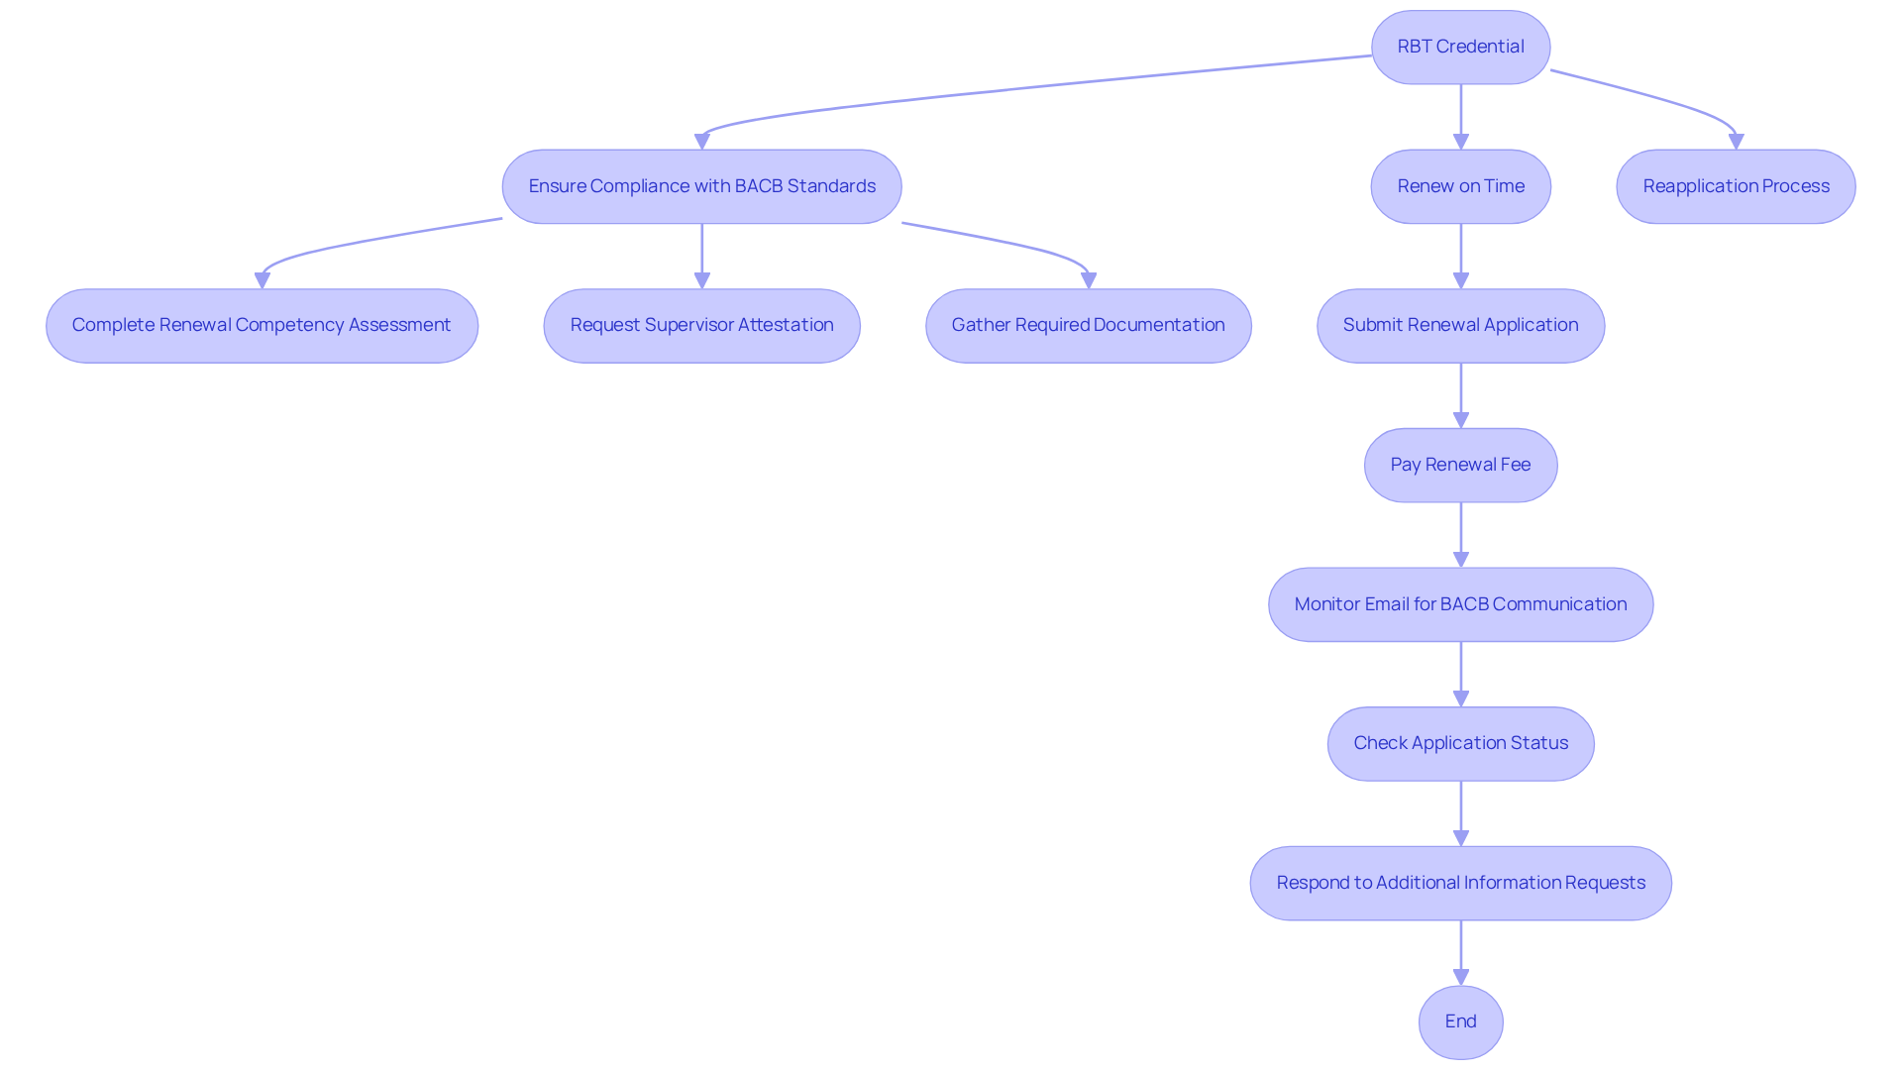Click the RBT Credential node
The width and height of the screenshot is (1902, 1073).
(x=1460, y=47)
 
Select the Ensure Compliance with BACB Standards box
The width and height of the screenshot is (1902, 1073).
(x=701, y=186)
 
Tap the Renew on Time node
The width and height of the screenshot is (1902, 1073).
(x=1460, y=186)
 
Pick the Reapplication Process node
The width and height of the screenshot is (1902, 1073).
(x=1736, y=186)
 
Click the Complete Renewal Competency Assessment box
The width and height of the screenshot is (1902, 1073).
(x=262, y=325)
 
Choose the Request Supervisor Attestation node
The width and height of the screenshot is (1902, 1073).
(x=701, y=325)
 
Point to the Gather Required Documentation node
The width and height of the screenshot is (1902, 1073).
(x=1088, y=325)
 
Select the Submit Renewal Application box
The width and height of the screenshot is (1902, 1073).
(x=1460, y=325)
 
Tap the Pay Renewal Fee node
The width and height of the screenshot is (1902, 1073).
(x=1460, y=465)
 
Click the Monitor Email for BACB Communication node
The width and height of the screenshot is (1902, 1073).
(x=1460, y=604)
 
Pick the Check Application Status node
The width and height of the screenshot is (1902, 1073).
(x=1460, y=743)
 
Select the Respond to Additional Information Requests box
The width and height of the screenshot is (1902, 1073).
(x=1460, y=883)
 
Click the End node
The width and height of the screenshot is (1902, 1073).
(x=1460, y=1021)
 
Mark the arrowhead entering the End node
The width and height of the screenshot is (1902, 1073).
(x=1460, y=977)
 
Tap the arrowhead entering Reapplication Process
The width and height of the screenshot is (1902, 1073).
(x=1736, y=142)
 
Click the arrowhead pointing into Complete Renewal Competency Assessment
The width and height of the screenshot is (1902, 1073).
(x=263, y=280)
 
